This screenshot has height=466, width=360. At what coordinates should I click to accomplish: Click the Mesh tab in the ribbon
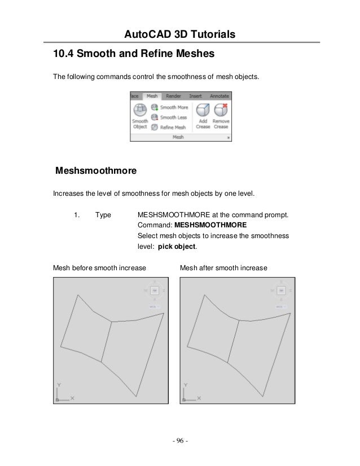pyautogui.click(x=152, y=96)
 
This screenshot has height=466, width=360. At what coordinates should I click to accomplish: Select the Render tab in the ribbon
pyautogui.click(x=174, y=96)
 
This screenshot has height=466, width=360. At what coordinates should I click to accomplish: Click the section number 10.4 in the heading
pyautogui.click(x=62, y=55)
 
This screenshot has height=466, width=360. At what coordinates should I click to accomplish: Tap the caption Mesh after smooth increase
pyautogui.click(x=223, y=267)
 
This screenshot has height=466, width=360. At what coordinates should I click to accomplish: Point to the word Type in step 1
pyautogui.click(x=103, y=215)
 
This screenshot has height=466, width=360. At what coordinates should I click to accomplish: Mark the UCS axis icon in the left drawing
pyautogui.click(x=63, y=393)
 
